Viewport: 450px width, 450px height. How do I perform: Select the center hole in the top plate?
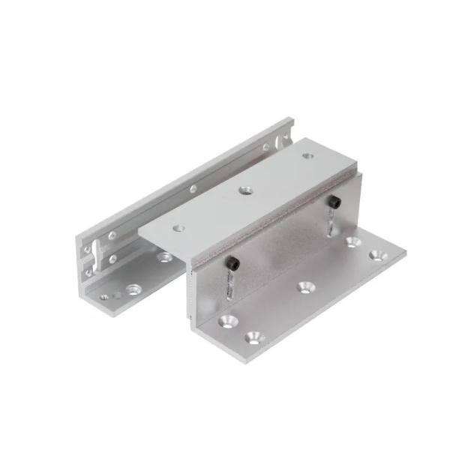click(245, 190)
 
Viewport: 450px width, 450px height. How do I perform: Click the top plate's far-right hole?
click(307, 157)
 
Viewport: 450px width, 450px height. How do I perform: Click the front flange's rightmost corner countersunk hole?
click(378, 256)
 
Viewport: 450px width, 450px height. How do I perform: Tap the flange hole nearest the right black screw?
click(352, 241)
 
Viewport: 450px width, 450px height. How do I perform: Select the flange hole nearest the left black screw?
click(226, 320)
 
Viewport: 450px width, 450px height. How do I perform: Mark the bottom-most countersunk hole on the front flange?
click(253, 340)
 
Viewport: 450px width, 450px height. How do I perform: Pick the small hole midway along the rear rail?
click(193, 190)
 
